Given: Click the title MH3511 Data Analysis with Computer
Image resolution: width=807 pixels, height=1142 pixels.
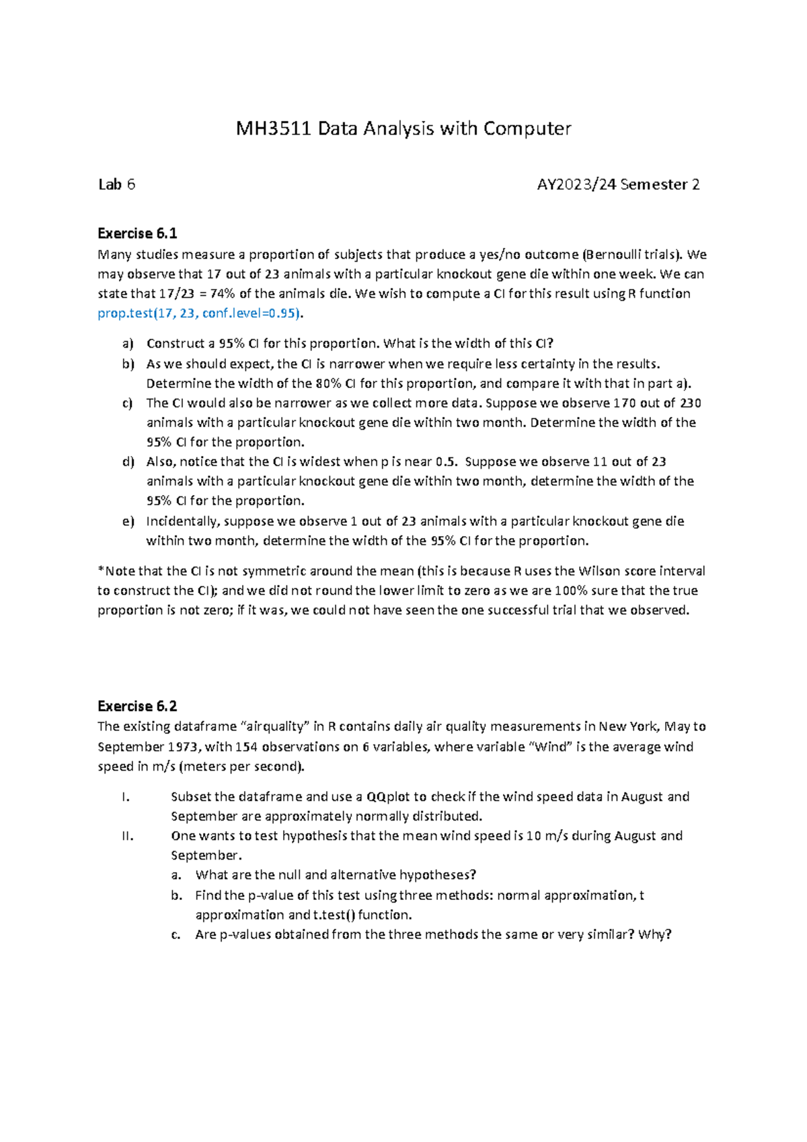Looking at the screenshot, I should [403, 128].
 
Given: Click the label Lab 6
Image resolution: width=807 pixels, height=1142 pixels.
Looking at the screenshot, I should [116, 184].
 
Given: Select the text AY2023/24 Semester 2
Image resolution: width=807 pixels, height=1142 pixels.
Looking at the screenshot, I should [618, 184].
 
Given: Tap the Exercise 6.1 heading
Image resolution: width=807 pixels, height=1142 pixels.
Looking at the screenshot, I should [137, 233].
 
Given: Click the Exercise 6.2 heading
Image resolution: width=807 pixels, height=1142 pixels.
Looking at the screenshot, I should [137, 706].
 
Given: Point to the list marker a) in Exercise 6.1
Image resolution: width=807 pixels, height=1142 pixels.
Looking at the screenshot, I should [128, 344].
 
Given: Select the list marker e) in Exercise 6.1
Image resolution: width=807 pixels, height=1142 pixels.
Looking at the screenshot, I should [128, 521].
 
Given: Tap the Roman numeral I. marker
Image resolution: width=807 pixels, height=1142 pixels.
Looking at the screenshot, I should [125, 797].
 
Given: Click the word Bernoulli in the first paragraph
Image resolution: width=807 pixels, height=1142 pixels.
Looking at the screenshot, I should [614, 255].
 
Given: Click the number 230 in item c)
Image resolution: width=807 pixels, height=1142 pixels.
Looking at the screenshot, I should [690, 404].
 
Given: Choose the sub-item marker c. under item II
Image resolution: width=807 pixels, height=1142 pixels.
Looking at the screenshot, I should [176, 935].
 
